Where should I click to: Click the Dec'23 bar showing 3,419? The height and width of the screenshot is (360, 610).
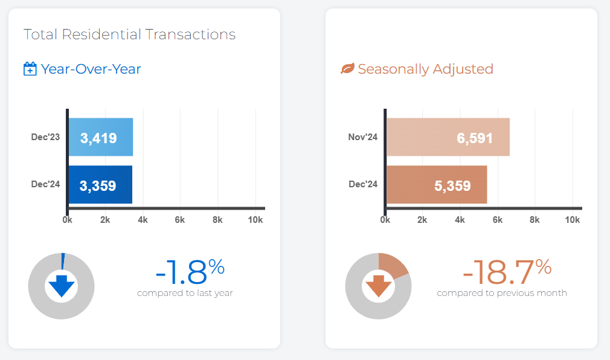[x=100, y=138]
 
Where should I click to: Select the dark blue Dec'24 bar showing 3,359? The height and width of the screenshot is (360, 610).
[x=100, y=185]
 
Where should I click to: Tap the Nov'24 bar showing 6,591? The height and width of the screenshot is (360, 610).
[x=448, y=137]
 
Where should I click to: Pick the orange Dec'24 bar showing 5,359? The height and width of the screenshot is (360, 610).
[x=436, y=185]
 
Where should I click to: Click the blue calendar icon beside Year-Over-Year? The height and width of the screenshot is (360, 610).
[x=30, y=69]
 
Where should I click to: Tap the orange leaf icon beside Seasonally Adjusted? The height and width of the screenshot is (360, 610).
[x=347, y=69]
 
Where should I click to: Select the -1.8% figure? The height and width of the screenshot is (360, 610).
[x=190, y=271]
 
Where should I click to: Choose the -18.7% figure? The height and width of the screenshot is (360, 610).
[x=506, y=271]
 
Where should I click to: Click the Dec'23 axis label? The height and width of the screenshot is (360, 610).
[x=46, y=137]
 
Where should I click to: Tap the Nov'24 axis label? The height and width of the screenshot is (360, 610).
[x=363, y=137]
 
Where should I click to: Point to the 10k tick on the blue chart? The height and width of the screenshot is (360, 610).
[x=255, y=220]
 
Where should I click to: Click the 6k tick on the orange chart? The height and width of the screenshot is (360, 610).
[x=498, y=220]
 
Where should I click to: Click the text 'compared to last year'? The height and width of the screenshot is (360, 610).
[x=185, y=294]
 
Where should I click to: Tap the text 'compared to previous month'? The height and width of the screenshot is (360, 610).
[x=502, y=294]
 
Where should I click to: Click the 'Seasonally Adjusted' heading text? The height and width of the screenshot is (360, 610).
[x=425, y=69]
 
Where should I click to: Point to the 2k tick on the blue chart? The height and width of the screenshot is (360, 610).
[x=105, y=220]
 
